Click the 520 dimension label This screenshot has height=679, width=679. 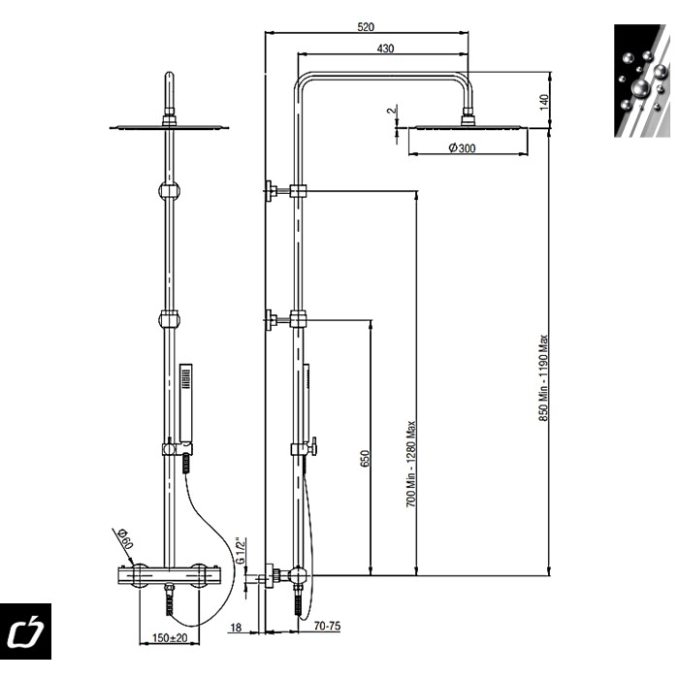(366, 27)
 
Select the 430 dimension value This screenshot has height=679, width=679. (385, 48)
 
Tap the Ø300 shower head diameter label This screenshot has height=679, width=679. (462, 148)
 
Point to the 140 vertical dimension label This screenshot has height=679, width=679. (544, 102)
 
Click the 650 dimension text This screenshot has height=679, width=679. (365, 459)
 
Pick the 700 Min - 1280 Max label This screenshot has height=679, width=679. (411, 465)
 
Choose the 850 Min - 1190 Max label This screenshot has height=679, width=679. (543, 377)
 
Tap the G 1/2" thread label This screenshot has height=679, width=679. (241, 550)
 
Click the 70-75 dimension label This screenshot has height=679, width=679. (328, 626)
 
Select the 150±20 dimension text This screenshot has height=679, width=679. (170, 638)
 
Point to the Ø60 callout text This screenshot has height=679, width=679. (126, 537)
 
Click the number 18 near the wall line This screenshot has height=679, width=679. (236, 627)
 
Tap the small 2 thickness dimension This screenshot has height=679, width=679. (392, 111)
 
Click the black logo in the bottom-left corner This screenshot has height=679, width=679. (25, 630)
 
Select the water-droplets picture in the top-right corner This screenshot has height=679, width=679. (642, 81)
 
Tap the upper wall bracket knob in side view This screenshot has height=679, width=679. (272, 190)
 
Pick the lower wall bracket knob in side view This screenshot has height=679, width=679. (272, 320)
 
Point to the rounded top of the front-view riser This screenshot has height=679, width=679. (170, 77)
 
